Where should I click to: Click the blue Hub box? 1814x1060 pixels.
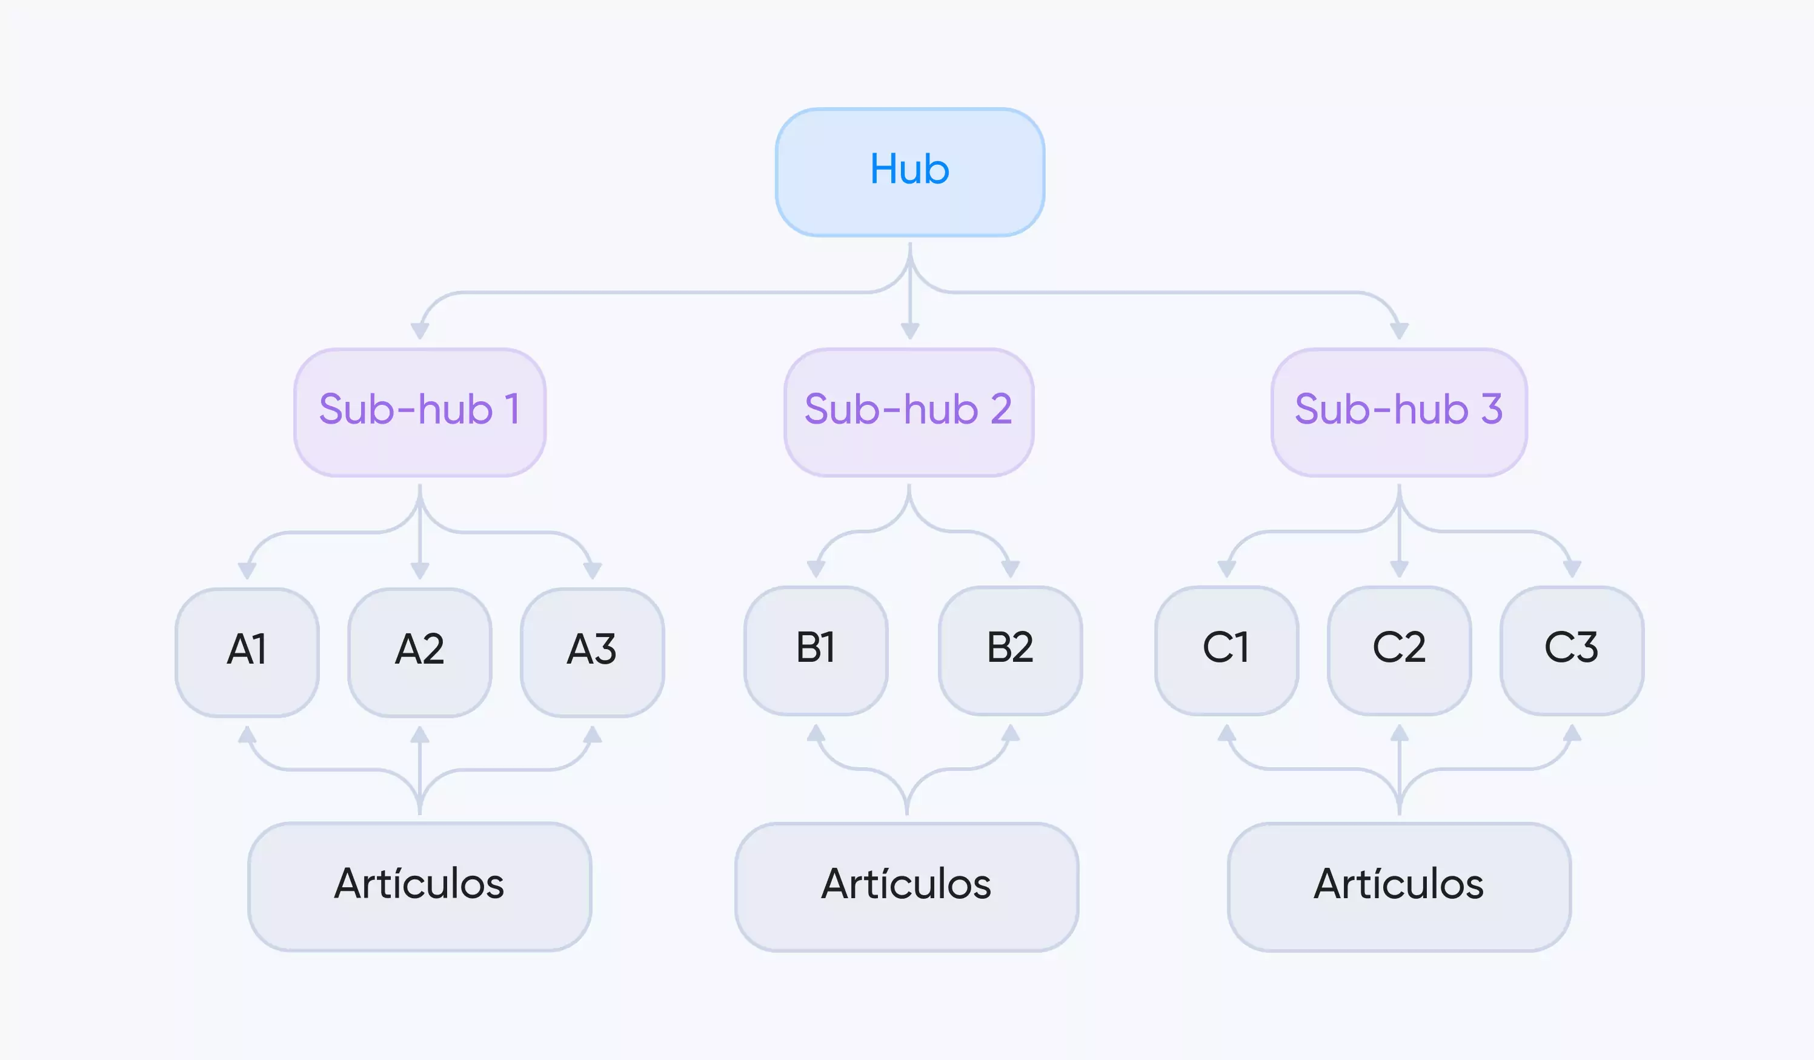[x=910, y=172]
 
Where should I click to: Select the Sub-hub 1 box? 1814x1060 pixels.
[x=420, y=413]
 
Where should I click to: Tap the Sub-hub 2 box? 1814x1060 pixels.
[x=909, y=413]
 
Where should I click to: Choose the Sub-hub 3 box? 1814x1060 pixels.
[x=1400, y=413]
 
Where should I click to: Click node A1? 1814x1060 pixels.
[x=247, y=652]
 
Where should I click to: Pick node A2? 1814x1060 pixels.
[x=420, y=652]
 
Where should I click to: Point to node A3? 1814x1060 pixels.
[x=593, y=652]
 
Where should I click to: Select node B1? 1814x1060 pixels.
[x=816, y=651]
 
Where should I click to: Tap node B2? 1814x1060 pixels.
[x=1011, y=651]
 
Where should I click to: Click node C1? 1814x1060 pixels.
[x=1227, y=651]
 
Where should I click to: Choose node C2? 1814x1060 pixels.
[x=1400, y=651]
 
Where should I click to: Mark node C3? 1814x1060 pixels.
[x=1572, y=651]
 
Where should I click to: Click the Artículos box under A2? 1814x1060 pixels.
[x=420, y=887]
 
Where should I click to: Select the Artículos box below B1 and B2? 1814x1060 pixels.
[x=907, y=887]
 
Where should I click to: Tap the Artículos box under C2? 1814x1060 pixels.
[x=1400, y=887]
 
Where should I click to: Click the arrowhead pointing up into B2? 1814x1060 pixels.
[x=1011, y=733]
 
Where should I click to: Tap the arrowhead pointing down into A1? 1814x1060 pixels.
[x=247, y=571]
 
